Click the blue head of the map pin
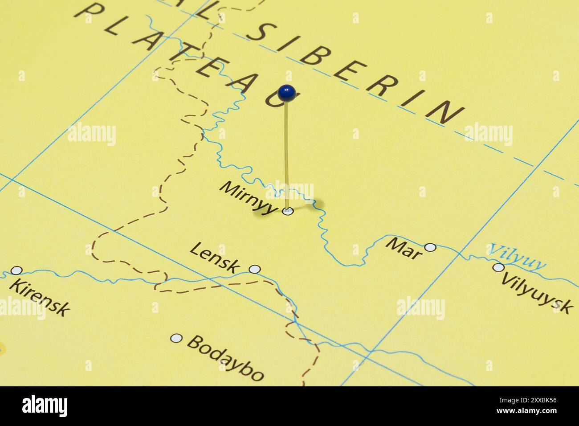click(286, 93)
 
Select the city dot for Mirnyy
click(288, 211)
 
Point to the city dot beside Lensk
click(254, 269)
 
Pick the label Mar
click(404, 248)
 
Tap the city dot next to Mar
click(430, 247)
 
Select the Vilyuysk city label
click(537, 292)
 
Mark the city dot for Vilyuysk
click(498, 267)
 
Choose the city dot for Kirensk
click(16, 270)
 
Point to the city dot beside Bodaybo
click(176, 339)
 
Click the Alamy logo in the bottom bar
click(45, 406)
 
